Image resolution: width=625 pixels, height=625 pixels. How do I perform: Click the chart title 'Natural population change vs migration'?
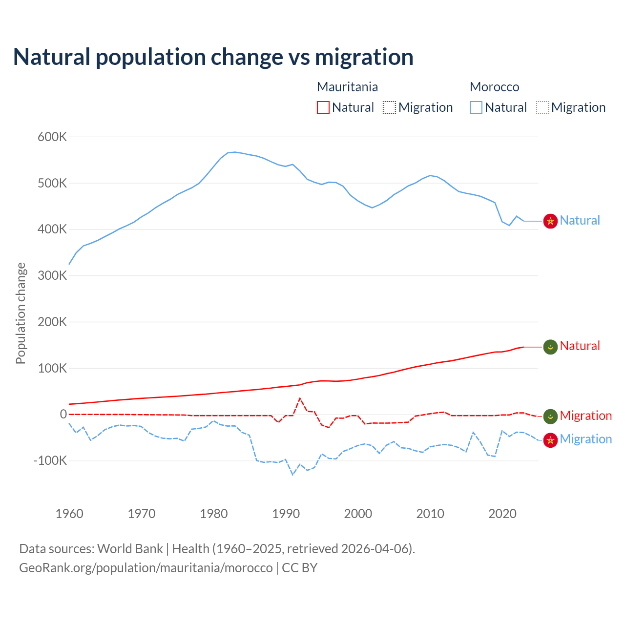213,57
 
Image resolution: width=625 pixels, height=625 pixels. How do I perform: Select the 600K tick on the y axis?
52,137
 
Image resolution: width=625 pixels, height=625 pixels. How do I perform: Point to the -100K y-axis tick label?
50,461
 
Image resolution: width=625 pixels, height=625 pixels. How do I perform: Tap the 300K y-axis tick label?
52,276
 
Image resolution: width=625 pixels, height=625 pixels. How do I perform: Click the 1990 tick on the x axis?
286,514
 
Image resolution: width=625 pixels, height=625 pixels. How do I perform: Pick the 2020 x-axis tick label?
502,514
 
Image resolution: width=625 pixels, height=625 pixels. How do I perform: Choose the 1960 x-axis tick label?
69,514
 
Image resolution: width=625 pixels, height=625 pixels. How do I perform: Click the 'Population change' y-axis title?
21,313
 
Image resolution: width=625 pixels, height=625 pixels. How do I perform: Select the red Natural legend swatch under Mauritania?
323,107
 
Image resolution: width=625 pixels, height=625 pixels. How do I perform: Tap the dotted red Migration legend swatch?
390,107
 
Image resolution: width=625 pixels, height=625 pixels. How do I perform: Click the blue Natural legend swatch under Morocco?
476,107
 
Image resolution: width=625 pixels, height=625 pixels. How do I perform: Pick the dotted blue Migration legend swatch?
542,107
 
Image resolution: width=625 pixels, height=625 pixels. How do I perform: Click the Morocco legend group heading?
494,87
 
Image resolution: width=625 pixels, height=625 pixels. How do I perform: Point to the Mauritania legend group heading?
347,87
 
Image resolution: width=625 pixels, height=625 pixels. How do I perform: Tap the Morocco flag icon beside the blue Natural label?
551,221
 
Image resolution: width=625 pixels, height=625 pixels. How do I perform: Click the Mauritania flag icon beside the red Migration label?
551,416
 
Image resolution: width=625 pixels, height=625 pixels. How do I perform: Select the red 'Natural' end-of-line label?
580,346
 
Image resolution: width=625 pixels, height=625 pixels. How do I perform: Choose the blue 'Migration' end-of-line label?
585,439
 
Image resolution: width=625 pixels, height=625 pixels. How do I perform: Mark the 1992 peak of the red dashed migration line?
300,398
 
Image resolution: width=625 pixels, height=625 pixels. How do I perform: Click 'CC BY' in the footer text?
299,568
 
